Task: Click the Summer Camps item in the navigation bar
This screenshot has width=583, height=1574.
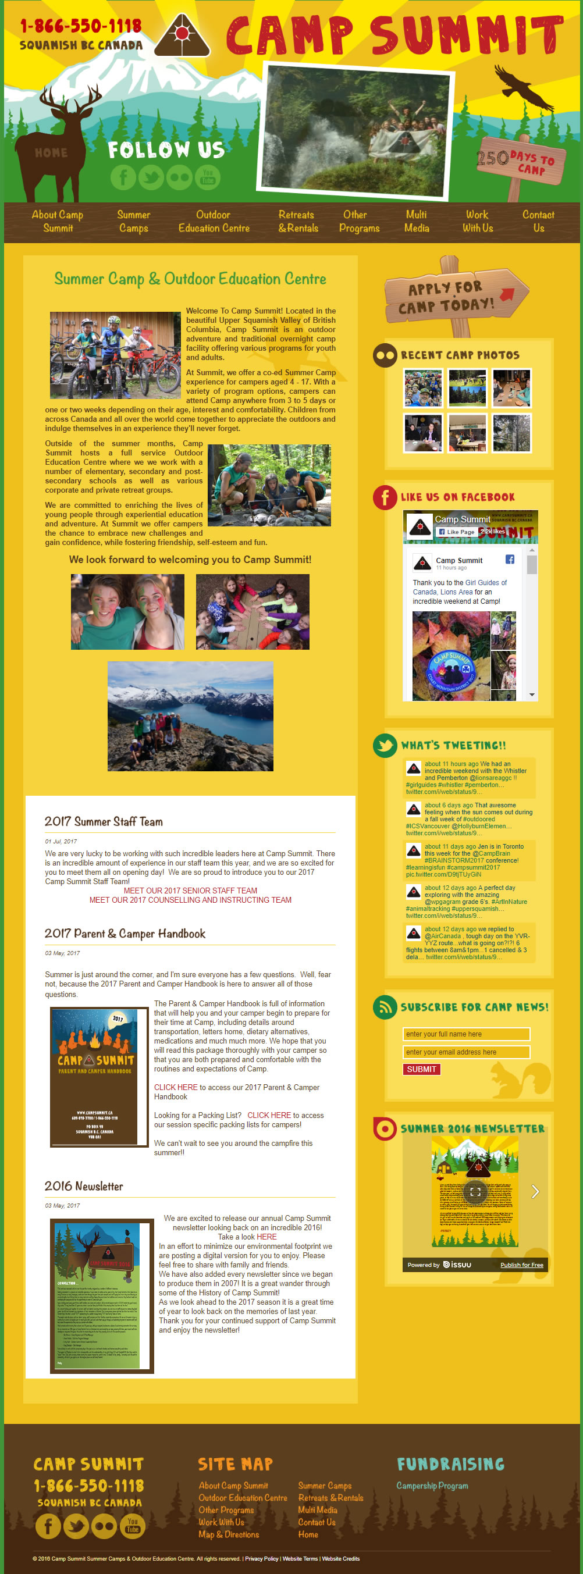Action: (134, 221)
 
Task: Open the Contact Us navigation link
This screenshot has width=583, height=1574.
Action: (538, 221)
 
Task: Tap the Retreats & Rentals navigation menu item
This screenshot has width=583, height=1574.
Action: (298, 221)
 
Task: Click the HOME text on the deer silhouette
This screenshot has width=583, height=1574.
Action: (51, 153)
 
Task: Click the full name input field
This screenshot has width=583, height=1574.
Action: (465, 1034)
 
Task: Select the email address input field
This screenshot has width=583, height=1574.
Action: (465, 1052)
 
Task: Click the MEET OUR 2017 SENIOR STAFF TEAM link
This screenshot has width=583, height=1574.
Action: (190, 891)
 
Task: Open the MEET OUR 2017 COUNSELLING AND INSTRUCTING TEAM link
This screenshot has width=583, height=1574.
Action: (190, 900)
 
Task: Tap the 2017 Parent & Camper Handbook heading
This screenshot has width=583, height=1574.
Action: (125, 934)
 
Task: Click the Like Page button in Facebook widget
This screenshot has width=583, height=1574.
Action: (456, 532)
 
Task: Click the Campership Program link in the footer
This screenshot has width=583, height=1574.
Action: (432, 1486)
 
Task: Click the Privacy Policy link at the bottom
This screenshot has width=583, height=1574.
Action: (262, 1558)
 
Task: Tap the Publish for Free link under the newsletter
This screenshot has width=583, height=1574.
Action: (521, 1265)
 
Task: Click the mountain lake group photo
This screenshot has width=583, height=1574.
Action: (190, 715)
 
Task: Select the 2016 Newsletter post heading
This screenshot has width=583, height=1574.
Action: (84, 1186)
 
